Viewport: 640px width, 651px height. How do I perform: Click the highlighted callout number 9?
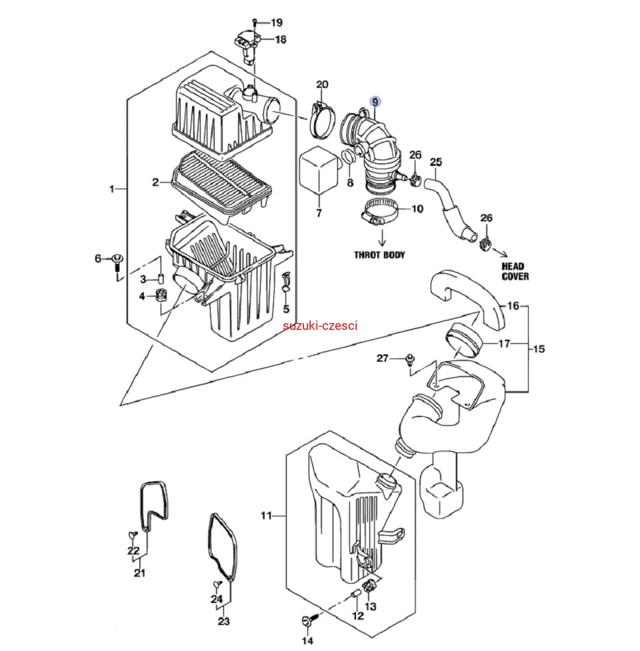(375, 102)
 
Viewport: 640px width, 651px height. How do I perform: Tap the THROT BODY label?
(379, 255)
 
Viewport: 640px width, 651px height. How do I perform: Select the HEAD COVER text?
(515, 271)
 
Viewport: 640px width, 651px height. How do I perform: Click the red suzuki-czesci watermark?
(320, 326)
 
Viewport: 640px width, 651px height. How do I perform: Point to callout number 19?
(276, 23)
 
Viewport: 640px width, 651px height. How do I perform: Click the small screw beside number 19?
(255, 22)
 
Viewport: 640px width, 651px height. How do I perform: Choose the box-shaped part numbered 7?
(318, 170)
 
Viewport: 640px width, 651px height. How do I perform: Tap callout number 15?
(539, 349)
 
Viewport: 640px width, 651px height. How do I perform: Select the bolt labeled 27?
(410, 360)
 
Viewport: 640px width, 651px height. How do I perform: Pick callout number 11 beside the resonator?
(266, 515)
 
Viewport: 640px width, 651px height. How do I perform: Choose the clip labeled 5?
(286, 282)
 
